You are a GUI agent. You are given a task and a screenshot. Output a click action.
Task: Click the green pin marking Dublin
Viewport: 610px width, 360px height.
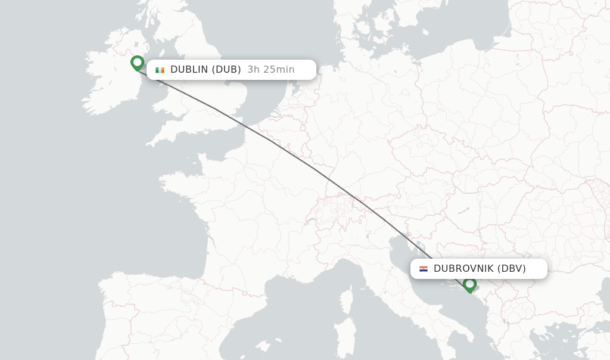pos(138,63)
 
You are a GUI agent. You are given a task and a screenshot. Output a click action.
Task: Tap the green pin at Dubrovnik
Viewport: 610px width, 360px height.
pos(469,284)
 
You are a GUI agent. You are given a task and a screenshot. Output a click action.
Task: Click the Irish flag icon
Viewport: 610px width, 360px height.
pos(160,70)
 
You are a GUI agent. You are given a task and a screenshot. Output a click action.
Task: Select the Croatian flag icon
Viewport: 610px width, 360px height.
pos(424,269)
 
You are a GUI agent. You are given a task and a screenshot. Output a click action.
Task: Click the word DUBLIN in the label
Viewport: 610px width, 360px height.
pos(189,70)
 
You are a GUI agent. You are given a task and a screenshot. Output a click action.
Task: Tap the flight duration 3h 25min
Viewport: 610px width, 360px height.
pos(271,70)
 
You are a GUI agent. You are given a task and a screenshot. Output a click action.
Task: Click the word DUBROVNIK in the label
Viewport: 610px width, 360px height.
pos(463,269)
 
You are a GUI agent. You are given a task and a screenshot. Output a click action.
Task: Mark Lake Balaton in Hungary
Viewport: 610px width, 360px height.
pos(463,211)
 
